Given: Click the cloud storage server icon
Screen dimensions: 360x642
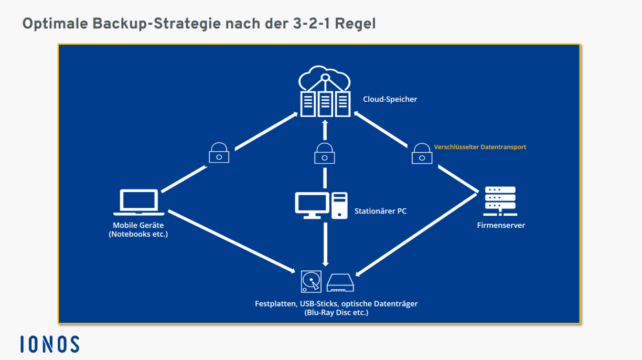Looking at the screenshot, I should [x=325, y=93].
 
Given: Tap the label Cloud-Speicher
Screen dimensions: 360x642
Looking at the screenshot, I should [x=390, y=99].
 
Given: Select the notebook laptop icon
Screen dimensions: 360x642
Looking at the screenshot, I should [x=139, y=203].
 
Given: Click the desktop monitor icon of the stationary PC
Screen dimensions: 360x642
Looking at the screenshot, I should [x=312, y=205].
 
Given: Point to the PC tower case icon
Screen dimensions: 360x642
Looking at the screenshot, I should [x=339, y=205].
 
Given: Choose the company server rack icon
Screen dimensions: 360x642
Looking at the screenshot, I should [x=500, y=200].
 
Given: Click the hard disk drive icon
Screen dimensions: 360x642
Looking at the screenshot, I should [x=311, y=282].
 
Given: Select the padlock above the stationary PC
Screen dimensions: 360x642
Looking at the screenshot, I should [x=325, y=153].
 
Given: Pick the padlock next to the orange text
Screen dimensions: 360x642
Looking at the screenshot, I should [x=422, y=153].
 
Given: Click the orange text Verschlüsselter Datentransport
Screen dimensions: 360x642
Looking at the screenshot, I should [x=480, y=147].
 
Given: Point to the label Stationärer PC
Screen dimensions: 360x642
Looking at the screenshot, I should [x=380, y=211].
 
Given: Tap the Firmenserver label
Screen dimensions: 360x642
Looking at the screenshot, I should [x=501, y=226].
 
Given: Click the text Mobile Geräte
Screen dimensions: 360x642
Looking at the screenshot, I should [x=138, y=226].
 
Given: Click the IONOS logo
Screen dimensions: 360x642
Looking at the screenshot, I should [x=50, y=344].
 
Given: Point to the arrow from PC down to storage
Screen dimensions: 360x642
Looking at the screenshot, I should [x=325, y=244].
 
